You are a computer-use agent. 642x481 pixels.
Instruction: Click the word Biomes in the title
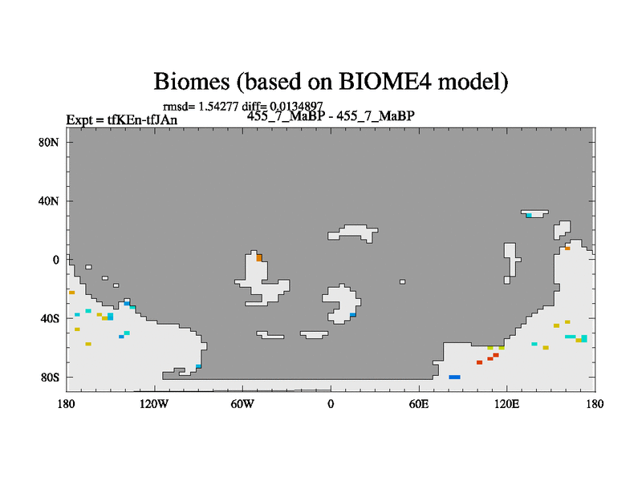point(191,81)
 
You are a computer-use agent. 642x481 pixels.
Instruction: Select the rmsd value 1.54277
point(218,107)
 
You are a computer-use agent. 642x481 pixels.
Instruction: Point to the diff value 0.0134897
point(296,107)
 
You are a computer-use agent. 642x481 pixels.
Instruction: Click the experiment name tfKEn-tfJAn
point(142,119)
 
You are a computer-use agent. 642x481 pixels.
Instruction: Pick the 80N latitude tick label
point(49,143)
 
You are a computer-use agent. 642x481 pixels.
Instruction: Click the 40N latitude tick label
point(49,201)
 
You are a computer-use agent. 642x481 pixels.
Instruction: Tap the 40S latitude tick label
point(50,318)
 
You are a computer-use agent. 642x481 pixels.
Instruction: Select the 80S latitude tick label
point(50,377)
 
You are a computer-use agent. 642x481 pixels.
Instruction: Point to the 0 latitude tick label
point(55,260)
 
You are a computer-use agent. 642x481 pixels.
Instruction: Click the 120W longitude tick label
point(154,404)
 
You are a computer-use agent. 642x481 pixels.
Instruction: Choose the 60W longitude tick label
point(242,404)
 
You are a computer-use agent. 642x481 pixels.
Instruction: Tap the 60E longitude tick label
point(419,404)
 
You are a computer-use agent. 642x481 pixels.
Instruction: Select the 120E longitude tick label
point(507,404)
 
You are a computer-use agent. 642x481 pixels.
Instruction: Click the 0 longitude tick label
point(331,404)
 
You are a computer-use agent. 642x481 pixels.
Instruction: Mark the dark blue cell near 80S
point(454,377)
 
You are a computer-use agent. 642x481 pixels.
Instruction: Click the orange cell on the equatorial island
point(259,257)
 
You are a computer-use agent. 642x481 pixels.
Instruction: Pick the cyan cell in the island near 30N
point(529,215)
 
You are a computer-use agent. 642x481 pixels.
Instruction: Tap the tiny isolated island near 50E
point(403,282)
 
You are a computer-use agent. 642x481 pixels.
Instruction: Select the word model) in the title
point(473,81)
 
